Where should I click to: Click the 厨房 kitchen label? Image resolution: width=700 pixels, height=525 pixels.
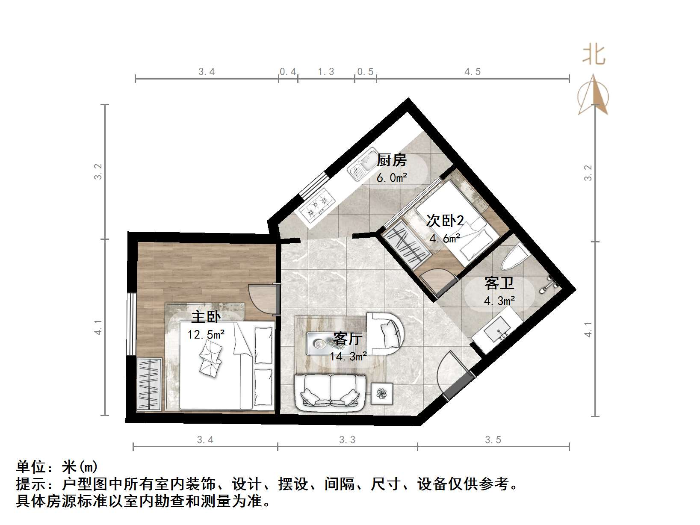pyautogui.click(x=391, y=160)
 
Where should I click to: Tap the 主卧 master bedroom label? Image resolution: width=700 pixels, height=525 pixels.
pyautogui.click(x=206, y=317)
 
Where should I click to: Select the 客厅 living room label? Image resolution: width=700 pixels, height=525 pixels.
pyautogui.click(x=348, y=339)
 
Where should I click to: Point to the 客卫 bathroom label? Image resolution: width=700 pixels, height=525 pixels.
pyautogui.click(x=499, y=283)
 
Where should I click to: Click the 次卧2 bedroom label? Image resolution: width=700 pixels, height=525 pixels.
pyautogui.click(x=445, y=221)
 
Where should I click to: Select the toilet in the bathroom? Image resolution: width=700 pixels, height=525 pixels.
pyautogui.click(x=514, y=257)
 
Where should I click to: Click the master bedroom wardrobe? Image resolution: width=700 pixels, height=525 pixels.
pyautogui.click(x=149, y=384)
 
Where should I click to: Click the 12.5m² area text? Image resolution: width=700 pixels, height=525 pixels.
pyautogui.click(x=206, y=334)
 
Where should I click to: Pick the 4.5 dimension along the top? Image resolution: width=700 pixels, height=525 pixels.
pyautogui.click(x=473, y=72)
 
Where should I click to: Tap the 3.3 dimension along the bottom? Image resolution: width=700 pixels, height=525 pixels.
pyautogui.click(x=347, y=440)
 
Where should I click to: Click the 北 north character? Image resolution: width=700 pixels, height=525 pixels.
pyautogui.click(x=594, y=55)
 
